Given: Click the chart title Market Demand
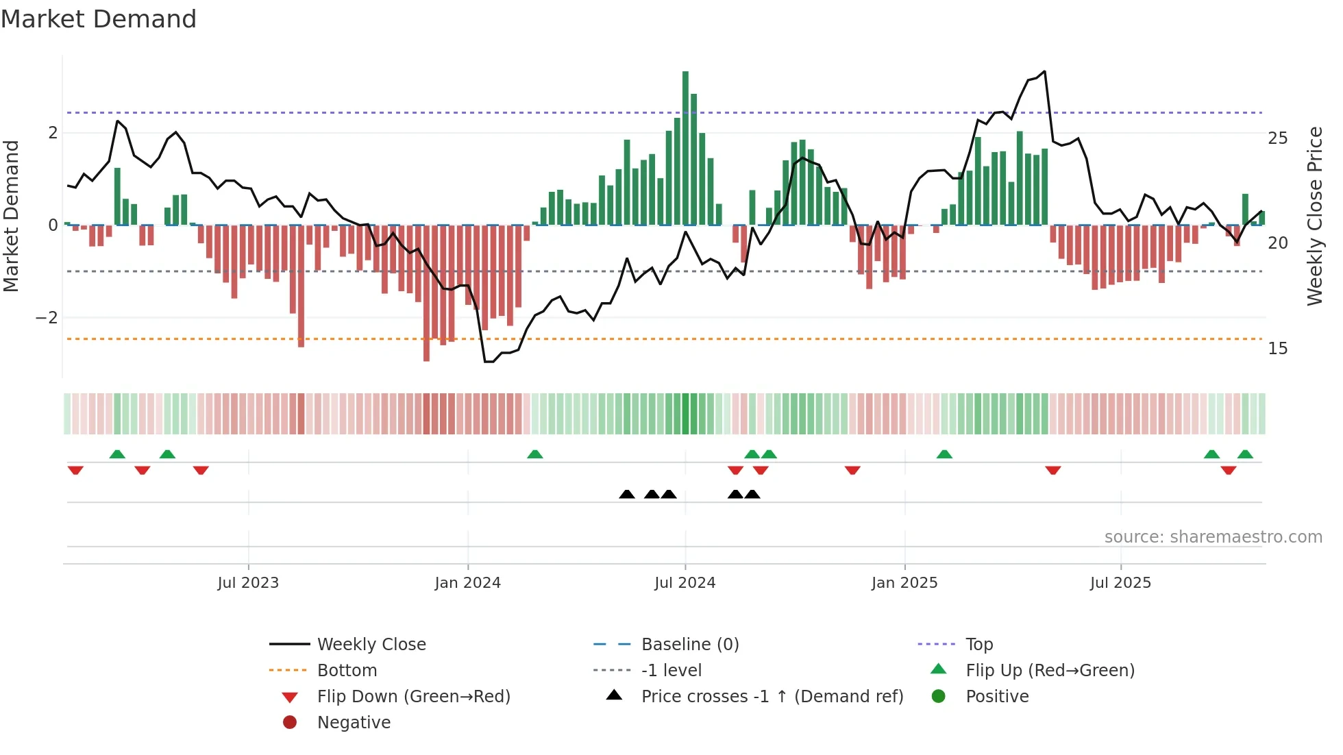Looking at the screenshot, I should point(99,19).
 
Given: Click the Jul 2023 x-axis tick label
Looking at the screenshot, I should point(248,583).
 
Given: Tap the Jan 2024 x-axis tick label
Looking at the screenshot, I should point(468,583).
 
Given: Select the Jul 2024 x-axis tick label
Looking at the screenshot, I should point(685,583).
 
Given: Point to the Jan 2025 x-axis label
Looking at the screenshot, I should point(904,583).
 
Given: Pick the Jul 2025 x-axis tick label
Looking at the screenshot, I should point(1120,583).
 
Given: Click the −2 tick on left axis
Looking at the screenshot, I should point(47,318).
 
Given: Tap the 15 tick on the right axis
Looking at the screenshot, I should point(1277,349).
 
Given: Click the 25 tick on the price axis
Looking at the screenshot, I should point(1277,138).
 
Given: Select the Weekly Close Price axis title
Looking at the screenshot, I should point(1314,216).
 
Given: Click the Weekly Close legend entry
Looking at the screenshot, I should point(371,645).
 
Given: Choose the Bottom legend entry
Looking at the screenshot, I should point(347,671).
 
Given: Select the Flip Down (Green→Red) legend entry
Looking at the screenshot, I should point(413,697).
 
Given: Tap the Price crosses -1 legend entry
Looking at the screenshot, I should point(772,697).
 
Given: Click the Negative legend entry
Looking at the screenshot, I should point(354,723).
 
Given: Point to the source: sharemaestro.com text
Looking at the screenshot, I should point(1213,537).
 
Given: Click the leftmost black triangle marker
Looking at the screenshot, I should point(626,494).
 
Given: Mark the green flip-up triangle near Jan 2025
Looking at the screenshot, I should point(944,454).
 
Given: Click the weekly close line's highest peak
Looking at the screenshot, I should point(1044,71).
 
